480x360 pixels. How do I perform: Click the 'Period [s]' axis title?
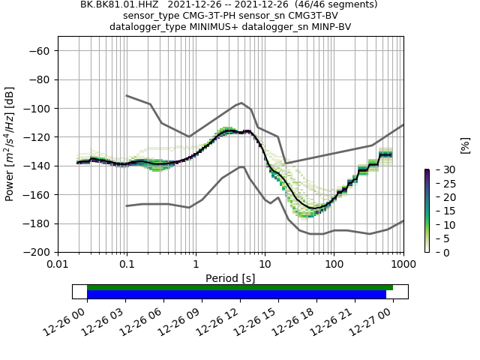(230, 278)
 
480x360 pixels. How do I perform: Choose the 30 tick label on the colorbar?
(440, 170)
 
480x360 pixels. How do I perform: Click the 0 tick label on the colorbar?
(437, 253)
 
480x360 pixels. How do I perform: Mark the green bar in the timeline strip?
(240, 287)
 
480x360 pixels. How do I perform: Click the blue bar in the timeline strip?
(236, 295)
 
